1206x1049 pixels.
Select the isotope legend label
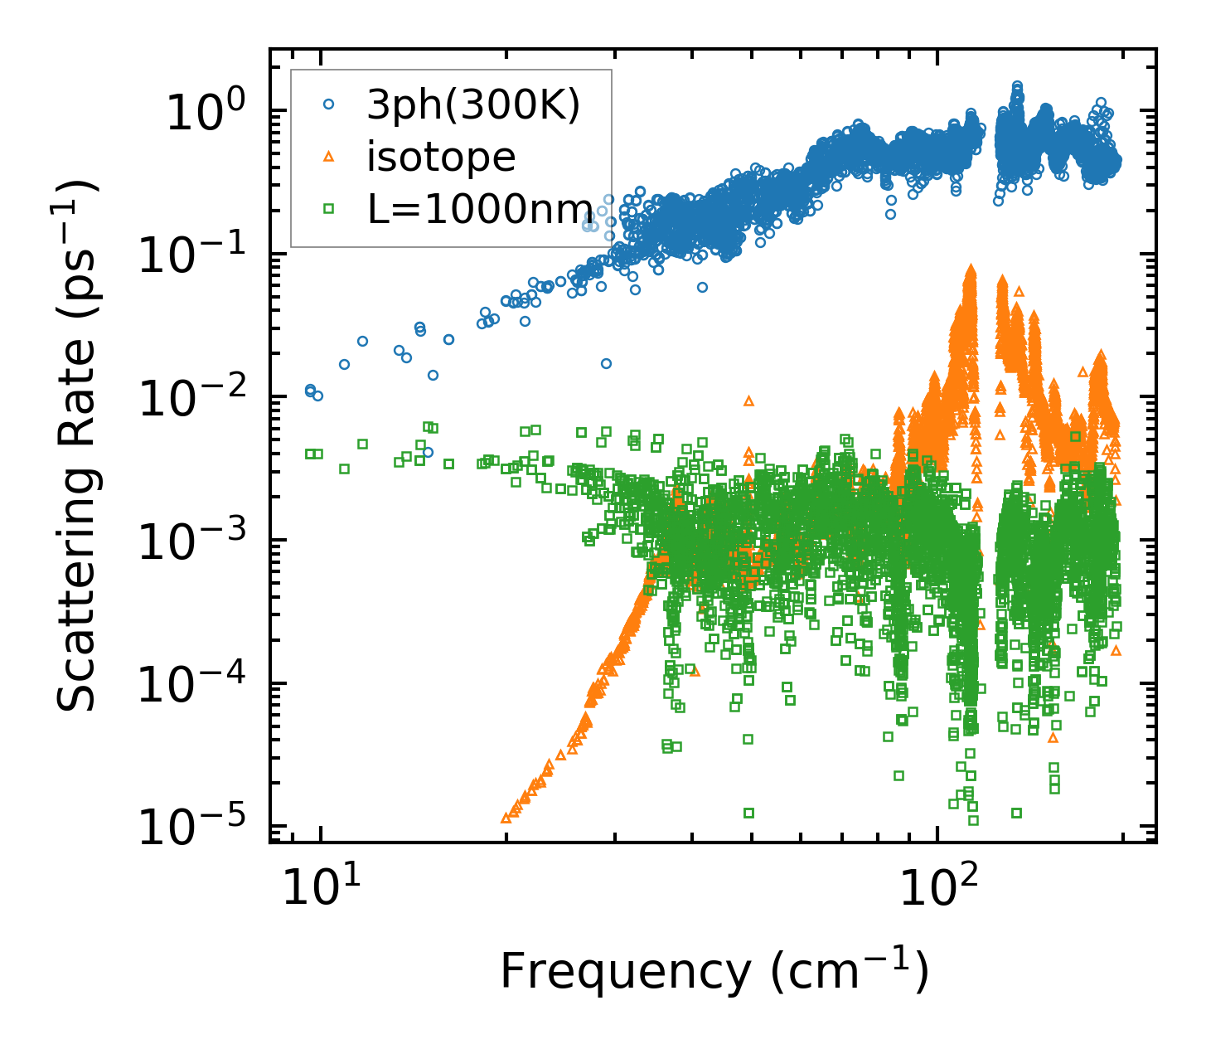pos(441,158)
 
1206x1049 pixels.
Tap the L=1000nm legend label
pos(480,210)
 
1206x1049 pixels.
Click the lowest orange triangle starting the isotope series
pos(506,818)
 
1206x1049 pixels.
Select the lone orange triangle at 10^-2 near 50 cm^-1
pos(748,401)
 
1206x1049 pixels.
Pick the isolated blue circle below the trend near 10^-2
pos(606,363)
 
